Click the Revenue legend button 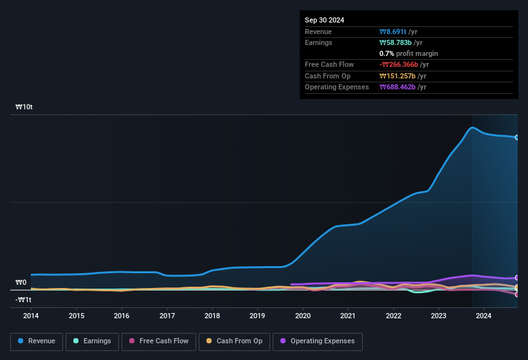pyautogui.click(x=36, y=341)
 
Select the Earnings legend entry pyautogui.click(x=92, y=341)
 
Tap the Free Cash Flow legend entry pyautogui.click(x=159, y=341)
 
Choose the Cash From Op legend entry pyautogui.click(x=233, y=341)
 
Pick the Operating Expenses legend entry pyautogui.click(x=318, y=341)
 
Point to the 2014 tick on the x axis pyautogui.click(x=31, y=316)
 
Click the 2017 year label pyautogui.click(x=167, y=316)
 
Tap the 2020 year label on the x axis pyautogui.click(x=303, y=316)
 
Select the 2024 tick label pyautogui.click(x=484, y=316)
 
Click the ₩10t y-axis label pyautogui.click(x=24, y=107)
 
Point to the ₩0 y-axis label pyautogui.click(x=21, y=282)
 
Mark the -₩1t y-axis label pyautogui.click(x=24, y=300)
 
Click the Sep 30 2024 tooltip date pyautogui.click(x=324, y=20)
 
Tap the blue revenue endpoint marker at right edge pyautogui.click(x=516, y=138)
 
